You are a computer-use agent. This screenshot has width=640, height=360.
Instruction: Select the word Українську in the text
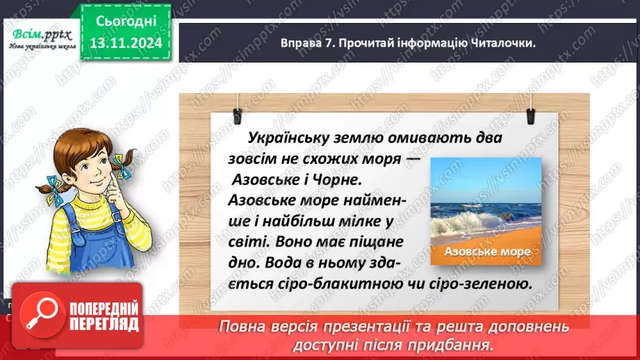coord(292,138)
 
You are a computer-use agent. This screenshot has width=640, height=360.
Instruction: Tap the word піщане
coord(378,243)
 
